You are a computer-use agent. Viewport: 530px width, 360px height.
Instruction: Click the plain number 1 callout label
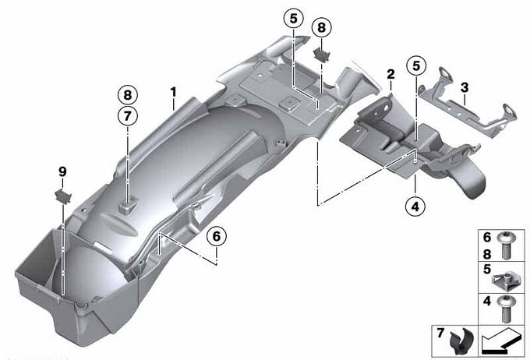pos(173,92)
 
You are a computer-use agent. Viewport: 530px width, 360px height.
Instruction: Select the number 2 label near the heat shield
pos(390,74)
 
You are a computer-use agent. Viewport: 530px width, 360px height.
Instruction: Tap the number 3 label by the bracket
pos(465,87)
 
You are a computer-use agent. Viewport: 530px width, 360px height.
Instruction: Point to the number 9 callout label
pos(62,171)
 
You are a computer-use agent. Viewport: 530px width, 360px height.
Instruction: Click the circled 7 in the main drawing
pos(127,116)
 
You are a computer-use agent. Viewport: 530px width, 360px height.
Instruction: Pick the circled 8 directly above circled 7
pos(127,95)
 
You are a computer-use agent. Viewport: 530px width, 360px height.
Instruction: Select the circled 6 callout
pos(217,236)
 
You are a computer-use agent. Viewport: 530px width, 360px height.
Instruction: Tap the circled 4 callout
pos(415,206)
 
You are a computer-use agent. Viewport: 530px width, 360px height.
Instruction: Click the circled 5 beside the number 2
pos(416,66)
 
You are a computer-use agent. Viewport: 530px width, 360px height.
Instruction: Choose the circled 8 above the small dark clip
pos(321,27)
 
